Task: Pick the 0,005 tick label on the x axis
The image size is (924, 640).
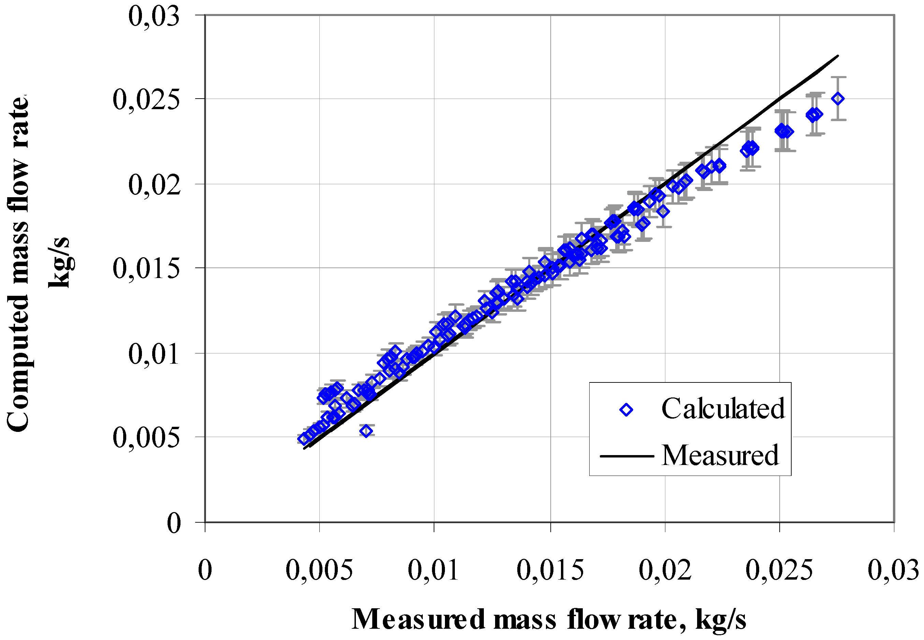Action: [319, 571]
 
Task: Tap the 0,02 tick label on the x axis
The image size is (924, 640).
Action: [665, 571]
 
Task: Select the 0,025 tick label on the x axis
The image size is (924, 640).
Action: [779, 571]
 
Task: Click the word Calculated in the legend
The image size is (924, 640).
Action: [723, 409]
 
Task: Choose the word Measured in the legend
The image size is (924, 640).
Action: [720, 456]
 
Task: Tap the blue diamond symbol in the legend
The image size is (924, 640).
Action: [626, 410]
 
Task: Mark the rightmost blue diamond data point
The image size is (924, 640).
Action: [838, 99]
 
